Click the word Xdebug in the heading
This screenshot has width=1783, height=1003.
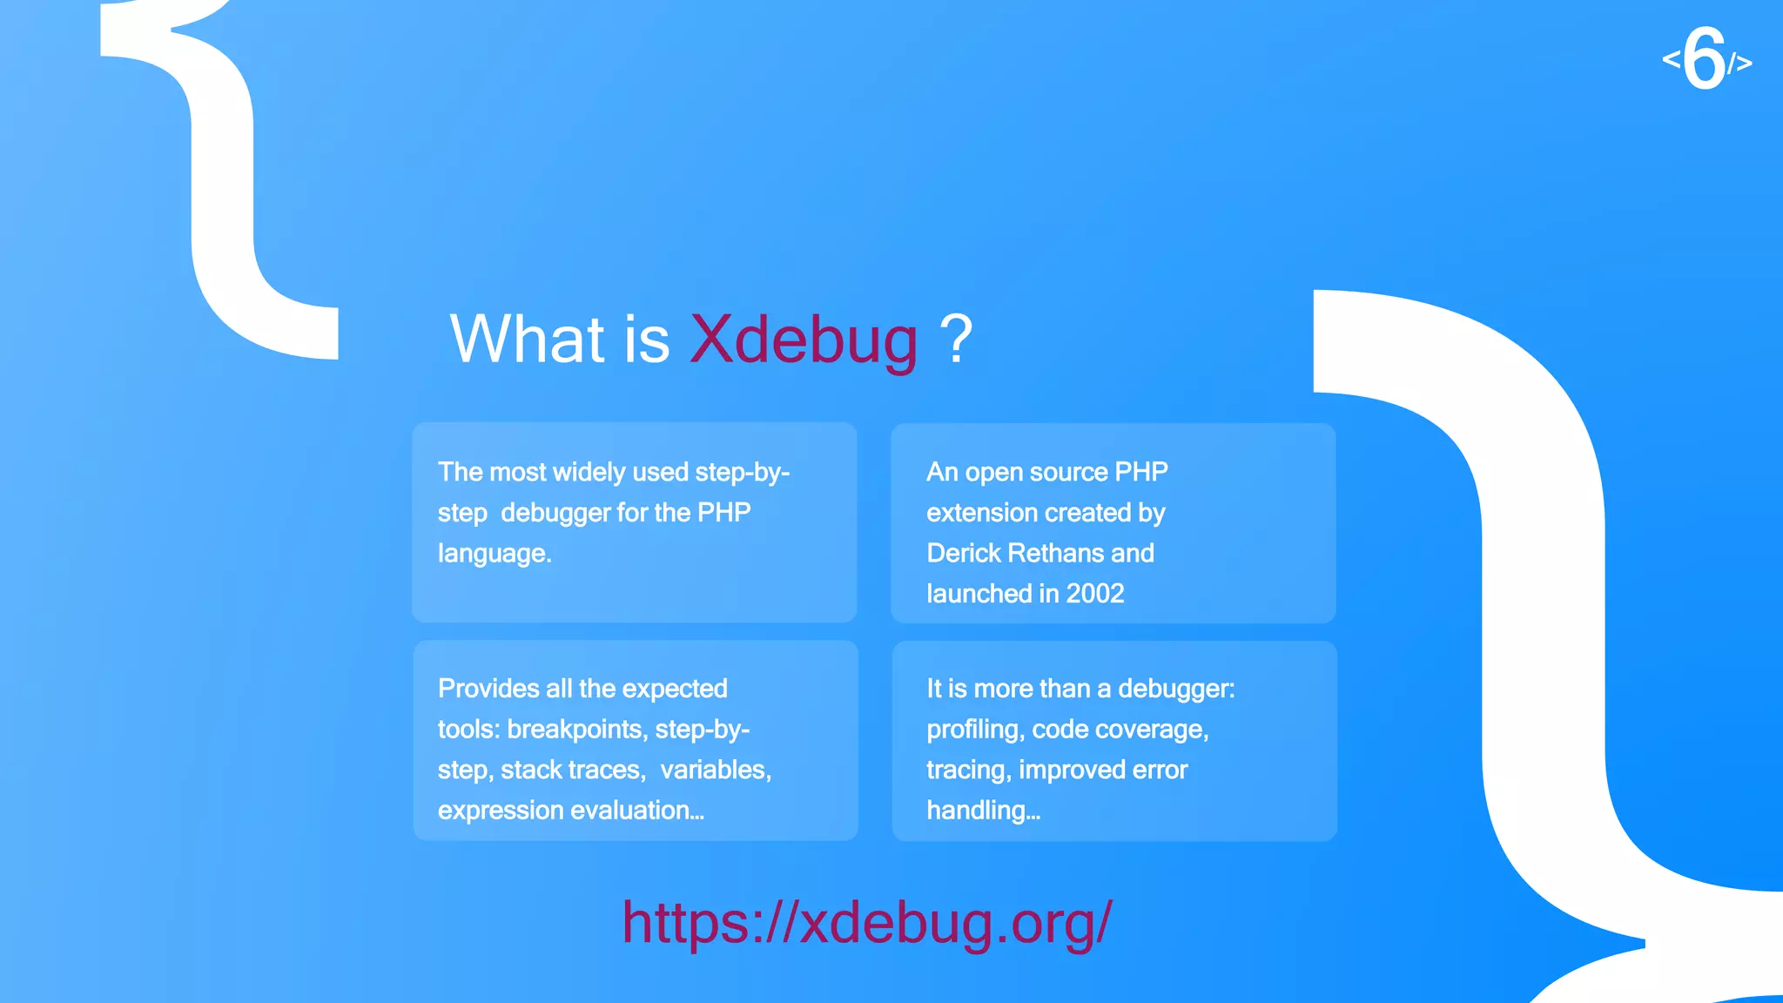(803, 340)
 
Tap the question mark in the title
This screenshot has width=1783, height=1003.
(955, 340)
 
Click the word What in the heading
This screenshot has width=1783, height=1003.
(527, 340)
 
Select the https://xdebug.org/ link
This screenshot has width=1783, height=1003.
(866, 922)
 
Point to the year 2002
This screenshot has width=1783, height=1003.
(1094, 594)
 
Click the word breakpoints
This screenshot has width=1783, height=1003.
(577, 730)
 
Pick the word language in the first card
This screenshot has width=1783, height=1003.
(494, 554)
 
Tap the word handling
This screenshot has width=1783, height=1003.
(981, 811)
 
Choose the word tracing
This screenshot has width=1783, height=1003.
(968, 771)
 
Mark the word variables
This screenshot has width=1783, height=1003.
(715, 771)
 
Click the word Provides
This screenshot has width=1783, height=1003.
(488, 689)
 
